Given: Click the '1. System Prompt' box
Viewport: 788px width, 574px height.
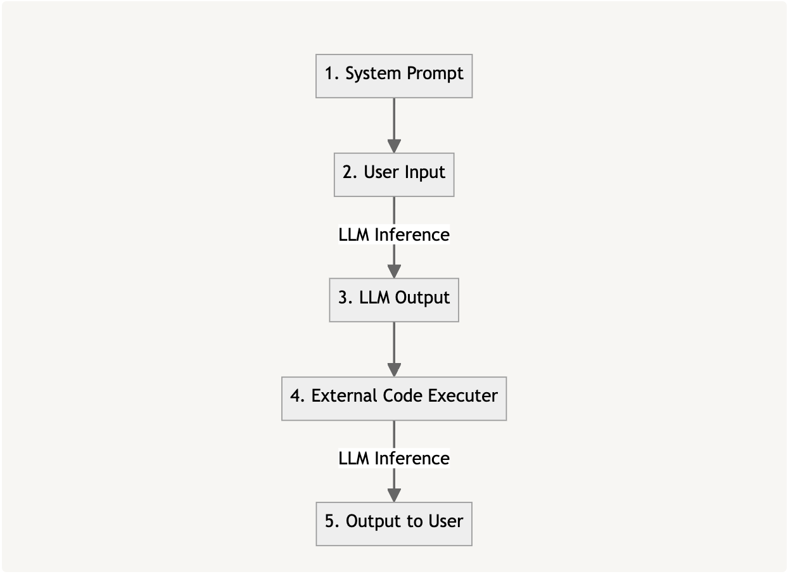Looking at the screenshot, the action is pos(394,76).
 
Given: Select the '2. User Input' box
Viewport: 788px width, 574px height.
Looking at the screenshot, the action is pos(394,175).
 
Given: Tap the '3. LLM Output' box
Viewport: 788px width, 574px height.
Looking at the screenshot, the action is pos(394,300).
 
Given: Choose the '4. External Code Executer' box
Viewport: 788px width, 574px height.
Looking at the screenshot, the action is pos(394,399).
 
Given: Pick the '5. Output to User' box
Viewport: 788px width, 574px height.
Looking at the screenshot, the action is pos(394,524).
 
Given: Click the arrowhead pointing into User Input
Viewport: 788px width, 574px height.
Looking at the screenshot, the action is pos(394,146).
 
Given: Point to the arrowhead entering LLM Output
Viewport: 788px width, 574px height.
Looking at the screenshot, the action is pos(394,271).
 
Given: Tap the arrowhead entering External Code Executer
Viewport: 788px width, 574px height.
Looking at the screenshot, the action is pos(394,370).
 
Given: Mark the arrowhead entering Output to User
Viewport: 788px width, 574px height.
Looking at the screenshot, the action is pos(394,495).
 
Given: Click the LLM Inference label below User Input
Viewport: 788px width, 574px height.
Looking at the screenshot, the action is pos(394,234).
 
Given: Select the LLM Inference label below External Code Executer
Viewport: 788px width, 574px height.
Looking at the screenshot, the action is pos(394,458).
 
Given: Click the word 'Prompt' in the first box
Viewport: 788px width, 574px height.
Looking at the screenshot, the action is pos(435,74).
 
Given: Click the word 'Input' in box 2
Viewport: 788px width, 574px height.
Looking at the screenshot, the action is pos(425,172).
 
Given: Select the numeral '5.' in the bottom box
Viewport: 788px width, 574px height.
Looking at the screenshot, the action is pos(332,521).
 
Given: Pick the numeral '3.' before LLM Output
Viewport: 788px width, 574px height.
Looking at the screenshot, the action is pos(346,297).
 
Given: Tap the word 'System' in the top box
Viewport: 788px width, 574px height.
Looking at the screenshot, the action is pos(373,74).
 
